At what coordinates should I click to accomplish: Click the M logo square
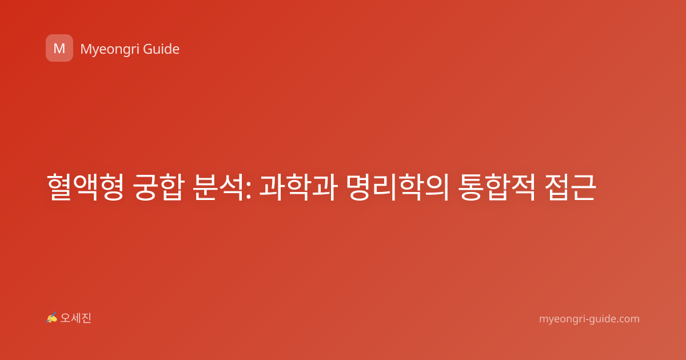59,48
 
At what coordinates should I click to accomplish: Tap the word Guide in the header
161,49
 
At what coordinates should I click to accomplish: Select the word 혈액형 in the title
85,187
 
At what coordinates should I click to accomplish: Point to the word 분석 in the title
218,187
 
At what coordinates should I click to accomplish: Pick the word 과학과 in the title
298,187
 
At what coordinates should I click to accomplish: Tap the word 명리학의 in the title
398,187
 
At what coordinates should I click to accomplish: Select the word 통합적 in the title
496,187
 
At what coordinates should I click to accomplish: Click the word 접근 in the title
571,187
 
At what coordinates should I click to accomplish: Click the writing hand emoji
52,318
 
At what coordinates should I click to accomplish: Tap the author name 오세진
75,318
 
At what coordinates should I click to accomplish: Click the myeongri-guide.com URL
589,319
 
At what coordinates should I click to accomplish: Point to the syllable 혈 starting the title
59,187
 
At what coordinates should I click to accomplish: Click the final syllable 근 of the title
584,187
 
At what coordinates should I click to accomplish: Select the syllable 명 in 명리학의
359,187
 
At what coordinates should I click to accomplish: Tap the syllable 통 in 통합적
470,187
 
